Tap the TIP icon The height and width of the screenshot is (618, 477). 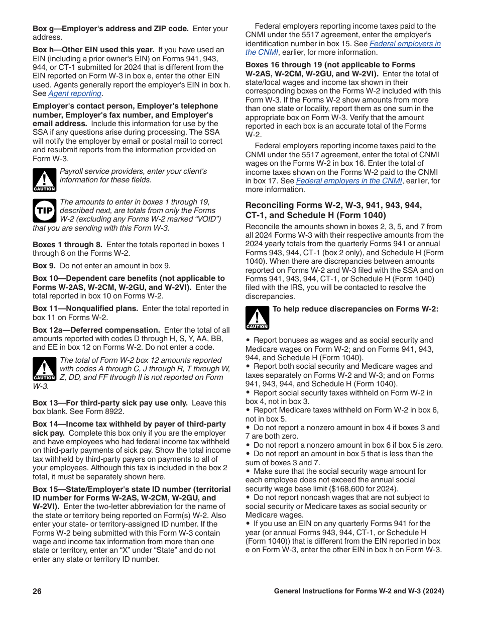pos(44,211)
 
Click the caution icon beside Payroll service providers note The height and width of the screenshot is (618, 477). pos(44,180)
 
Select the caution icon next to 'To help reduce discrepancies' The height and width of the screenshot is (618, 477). pos(257,318)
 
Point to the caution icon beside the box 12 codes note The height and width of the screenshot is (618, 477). pos(44,369)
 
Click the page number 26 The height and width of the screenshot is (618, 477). pos(37,591)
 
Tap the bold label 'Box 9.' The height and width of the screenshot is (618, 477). pos(44,266)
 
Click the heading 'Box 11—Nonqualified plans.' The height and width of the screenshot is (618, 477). pos(85,308)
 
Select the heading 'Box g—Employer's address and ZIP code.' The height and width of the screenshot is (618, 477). pos(110,29)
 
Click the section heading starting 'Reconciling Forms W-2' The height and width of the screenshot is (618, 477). pos(333,210)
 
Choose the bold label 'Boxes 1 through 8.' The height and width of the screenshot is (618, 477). pos(67,245)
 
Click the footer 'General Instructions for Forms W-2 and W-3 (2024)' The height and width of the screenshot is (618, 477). pos(359,591)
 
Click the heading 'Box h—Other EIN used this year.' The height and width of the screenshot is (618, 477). pos(93,50)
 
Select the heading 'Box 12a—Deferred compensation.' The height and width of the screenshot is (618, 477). pos(96,330)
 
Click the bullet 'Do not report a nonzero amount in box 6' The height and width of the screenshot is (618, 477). pos(347,445)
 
